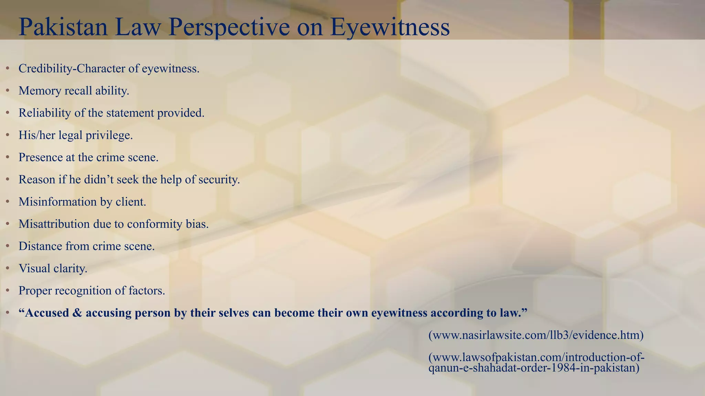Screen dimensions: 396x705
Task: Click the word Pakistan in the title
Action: point(63,27)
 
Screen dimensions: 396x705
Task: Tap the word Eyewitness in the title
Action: point(390,27)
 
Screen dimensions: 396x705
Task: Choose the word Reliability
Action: point(44,113)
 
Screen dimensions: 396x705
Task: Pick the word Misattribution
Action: point(54,224)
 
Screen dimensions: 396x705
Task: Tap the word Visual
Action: point(34,268)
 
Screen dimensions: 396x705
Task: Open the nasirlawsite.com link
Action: point(536,335)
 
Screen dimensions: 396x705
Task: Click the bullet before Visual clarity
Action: point(8,268)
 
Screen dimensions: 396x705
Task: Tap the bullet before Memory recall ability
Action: point(8,91)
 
